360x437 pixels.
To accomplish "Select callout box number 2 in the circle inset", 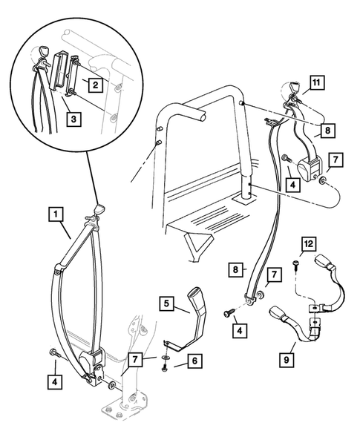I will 96,85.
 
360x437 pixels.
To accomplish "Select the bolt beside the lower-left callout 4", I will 53,352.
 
